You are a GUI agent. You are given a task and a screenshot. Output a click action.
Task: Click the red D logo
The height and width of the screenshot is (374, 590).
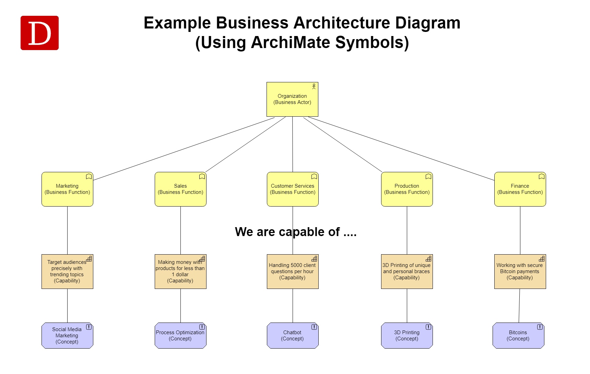pos(39,33)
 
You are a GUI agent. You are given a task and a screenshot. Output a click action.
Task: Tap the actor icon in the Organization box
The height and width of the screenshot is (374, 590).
pos(314,86)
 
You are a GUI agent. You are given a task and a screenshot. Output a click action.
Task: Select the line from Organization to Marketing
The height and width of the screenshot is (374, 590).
pos(184,149)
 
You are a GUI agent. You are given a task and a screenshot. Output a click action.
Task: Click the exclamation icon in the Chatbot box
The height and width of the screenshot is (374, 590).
pos(314,327)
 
